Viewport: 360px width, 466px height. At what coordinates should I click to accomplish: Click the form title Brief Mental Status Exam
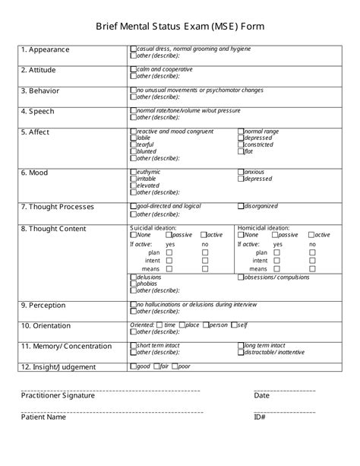point(180,27)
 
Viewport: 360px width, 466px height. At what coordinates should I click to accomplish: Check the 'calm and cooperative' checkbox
point(134,69)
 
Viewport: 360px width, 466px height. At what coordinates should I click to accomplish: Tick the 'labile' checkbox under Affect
point(134,138)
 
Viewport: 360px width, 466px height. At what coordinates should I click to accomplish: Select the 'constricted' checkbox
point(241,144)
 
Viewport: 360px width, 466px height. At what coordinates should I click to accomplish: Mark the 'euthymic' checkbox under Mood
point(134,173)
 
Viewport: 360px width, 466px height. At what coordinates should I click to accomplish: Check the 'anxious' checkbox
point(241,173)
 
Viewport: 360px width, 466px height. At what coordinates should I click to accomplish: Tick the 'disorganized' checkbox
point(241,206)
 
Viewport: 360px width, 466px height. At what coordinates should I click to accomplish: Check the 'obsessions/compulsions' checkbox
point(241,277)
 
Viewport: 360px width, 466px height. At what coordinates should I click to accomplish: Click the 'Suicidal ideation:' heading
point(153,227)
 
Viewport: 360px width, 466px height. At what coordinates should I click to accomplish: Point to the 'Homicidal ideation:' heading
point(263,227)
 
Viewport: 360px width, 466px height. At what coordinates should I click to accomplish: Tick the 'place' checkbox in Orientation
point(181,325)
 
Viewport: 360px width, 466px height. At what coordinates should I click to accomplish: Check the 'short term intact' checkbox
point(134,345)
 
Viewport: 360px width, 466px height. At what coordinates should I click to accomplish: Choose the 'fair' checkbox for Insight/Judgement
point(156,366)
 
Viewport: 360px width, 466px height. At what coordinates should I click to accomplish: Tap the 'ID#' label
point(260,417)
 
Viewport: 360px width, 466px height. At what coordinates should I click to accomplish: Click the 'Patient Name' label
point(43,417)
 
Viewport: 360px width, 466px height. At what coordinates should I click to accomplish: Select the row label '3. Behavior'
point(39,90)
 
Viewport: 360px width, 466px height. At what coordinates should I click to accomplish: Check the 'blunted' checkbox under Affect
point(134,151)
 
